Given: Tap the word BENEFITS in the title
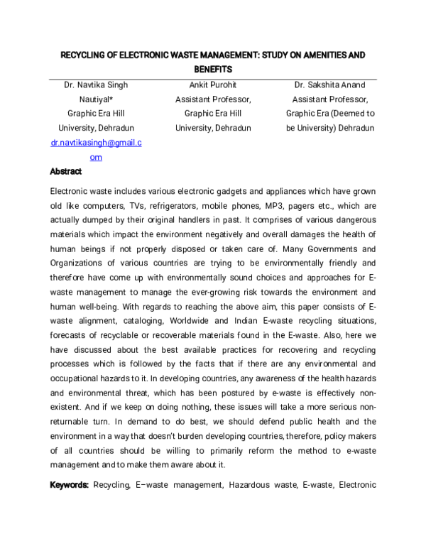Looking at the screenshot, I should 213,70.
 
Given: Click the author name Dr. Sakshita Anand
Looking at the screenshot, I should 330,85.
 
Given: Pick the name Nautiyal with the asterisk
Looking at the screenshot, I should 97,99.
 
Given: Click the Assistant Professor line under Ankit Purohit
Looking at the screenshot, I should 213,99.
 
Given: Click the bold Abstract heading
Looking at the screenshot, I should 66,172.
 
